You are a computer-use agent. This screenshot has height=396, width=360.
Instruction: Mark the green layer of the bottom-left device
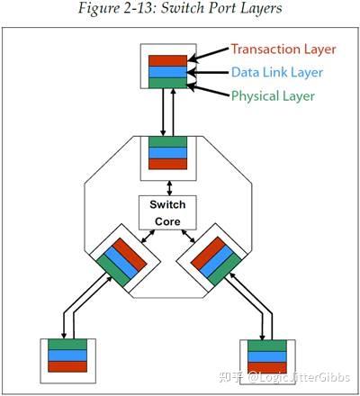67,344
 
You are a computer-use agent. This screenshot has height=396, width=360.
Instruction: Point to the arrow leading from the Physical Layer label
210,88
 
